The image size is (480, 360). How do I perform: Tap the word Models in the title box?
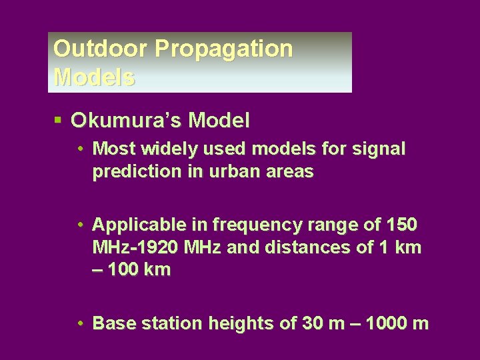point(94,77)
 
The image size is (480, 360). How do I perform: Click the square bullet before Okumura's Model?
point(59,120)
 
